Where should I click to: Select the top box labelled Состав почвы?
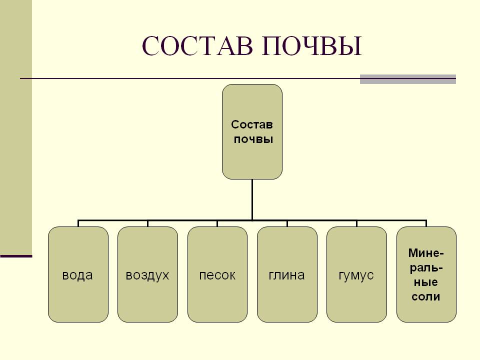click(252, 150)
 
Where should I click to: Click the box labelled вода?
click(78, 300)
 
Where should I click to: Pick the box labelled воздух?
click(147, 300)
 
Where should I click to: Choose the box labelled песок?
click(217, 300)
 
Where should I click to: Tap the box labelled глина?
click(287, 300)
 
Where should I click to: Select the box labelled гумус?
click(356, 300)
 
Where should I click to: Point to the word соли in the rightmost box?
click(426, 296)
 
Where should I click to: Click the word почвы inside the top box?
click(253, 139)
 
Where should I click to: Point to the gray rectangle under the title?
click(407, 79)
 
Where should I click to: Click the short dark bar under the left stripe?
click(16, 256)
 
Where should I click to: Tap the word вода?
click(78, 275)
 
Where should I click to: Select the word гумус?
click(356, 275)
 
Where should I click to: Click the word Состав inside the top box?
click(252, 123)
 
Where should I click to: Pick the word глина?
click(287, 275)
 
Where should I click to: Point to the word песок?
click(217, 275)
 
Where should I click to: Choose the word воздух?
click(147, 275)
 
